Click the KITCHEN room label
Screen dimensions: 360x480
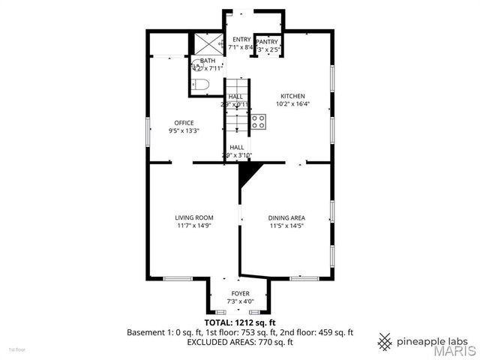[292, 96]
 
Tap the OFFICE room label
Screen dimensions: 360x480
[184, 123]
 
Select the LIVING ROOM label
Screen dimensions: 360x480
[195, 217]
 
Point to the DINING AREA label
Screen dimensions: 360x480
[286, 217]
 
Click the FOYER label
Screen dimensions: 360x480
[240, 293]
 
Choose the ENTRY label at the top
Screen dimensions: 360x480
[241, 39]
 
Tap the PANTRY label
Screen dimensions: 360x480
[268, 42]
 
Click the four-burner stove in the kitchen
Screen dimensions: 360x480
[259, 121]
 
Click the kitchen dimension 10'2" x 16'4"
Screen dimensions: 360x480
[292, 104]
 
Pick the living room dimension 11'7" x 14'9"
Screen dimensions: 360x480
[195, 225]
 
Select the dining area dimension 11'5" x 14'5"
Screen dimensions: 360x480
[286, 225]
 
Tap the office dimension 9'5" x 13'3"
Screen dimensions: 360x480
[184, 130]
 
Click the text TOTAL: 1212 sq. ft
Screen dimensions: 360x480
[240, 322]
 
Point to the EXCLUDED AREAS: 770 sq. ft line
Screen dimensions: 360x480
[240, 342]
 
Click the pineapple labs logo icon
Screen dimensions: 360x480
[385, 341]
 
